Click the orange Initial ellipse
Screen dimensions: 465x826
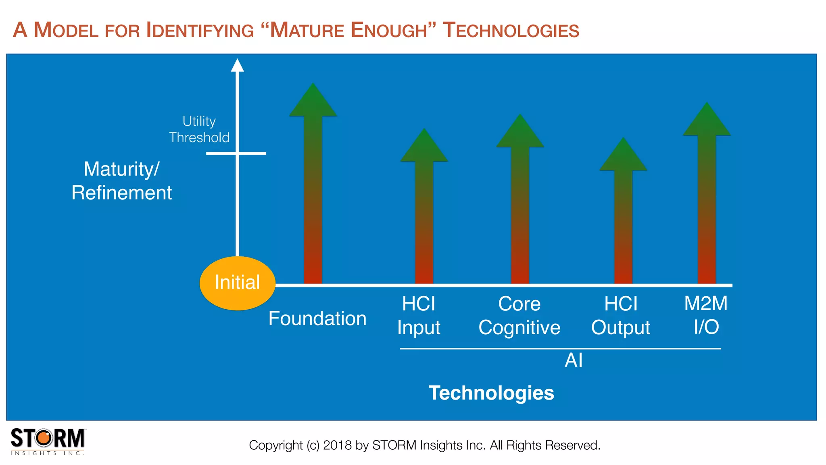coord(237,283)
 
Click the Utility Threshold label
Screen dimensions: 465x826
coord(199,129)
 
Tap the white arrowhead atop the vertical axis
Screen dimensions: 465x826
coord(237,66)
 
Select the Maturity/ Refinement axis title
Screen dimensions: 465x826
coord(121,181)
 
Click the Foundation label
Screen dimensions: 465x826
coord(317,318)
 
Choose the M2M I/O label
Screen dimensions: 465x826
coord(706,315)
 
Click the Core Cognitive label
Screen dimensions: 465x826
coord(519,315)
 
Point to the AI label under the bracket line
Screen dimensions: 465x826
coord(574,360)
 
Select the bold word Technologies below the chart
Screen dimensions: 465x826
coord(491,393)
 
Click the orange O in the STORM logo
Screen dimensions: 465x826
coord(44,438)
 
